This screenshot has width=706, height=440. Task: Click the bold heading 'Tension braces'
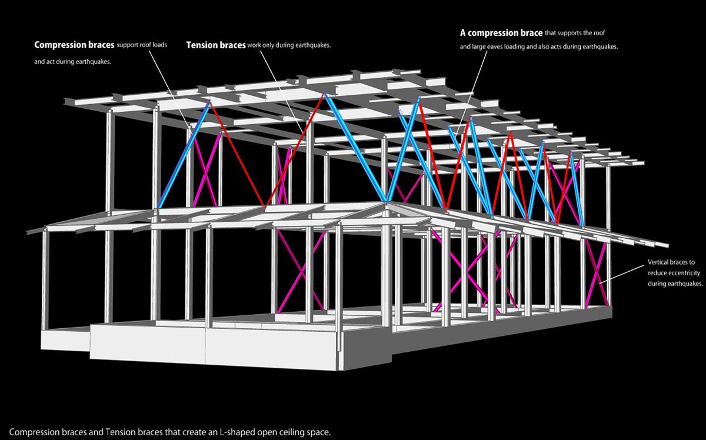[x=216, y=45]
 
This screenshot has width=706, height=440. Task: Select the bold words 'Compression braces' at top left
[x=74, y=45]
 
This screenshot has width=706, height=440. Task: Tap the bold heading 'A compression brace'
[x=501, y=33]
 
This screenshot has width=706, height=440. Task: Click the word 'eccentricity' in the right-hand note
[x=684, y=272]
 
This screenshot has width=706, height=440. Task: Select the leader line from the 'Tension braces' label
[x=281, y=91]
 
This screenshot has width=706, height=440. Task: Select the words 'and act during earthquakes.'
[x=72, y=61]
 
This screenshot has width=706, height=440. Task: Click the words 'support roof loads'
[x=142, y=45]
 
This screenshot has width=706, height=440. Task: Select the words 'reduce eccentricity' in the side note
[x=674, y=272]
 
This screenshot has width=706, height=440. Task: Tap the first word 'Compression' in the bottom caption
[x=35, y=432]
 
